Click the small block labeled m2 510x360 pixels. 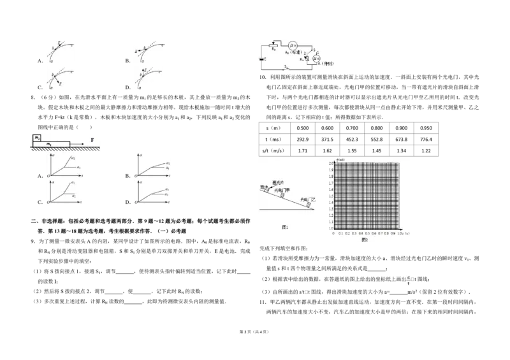[38, 138]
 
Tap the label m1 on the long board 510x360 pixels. [50, 144]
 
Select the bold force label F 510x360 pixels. [92, 138]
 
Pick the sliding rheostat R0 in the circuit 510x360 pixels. [274, 45]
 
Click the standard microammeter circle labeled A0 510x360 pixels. [292, 45]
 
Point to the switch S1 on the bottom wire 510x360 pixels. [286, 67]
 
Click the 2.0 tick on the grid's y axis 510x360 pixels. [331, 164]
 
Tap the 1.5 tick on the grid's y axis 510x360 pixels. [331, 196]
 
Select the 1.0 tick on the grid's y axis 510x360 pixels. [331, 228]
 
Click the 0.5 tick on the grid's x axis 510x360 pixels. [367, 233]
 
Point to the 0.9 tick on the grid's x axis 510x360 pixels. [393, 233]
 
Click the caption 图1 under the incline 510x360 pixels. [286, 227]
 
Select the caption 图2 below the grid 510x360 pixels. [365, 241]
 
